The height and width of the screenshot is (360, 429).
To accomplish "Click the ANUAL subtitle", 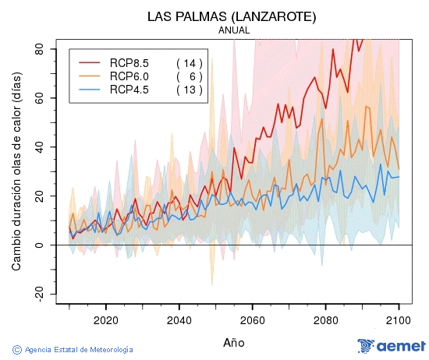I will [x=233, y=30].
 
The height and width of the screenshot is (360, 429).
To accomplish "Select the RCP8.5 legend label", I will [x=129, y=62].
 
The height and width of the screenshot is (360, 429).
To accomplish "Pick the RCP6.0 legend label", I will [x=129, y=76].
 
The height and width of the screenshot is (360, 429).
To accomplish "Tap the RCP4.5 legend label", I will [x=129, y=90].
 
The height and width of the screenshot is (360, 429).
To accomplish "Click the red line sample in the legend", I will [x=90, y=62].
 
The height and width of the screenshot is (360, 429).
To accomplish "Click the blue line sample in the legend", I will [x=90, y=90].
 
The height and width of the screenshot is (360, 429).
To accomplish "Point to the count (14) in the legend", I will [x=189, y=62].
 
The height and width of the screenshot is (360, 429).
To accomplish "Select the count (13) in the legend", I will [x=189, y=90].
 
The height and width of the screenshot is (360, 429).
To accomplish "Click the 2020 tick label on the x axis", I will [x=105, y=319].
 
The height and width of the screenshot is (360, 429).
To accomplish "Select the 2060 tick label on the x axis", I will [x=252, y=319].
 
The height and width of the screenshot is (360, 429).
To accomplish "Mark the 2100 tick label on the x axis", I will [x=399, y=319].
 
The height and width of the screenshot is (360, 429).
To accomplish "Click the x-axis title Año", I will [x=233, y=342].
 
